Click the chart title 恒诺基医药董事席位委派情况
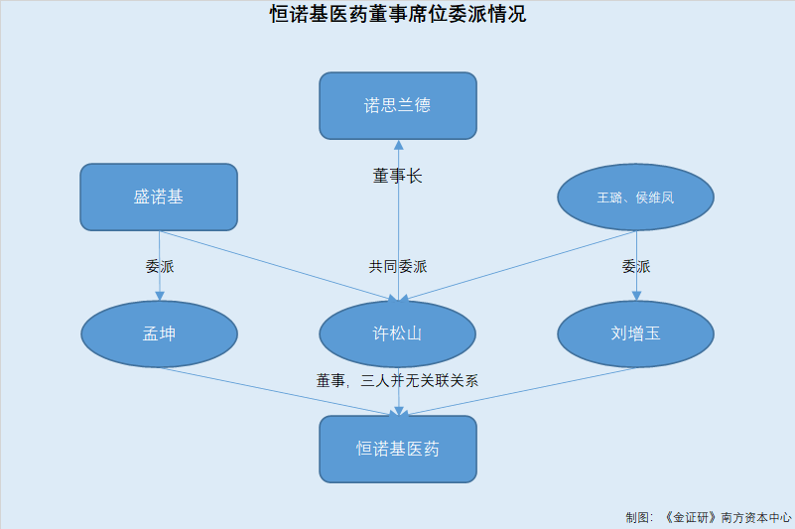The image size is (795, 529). (x=397, y=14)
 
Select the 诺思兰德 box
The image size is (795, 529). (x=398, y=105)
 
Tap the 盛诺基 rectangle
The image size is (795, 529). (x=159, y=197)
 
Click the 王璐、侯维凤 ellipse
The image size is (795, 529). (x=636, y=197)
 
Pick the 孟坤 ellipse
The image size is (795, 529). (x=159, y=333)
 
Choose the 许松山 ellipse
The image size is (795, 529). (x=397, y=333)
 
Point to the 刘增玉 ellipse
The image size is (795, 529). (x=636, y=333)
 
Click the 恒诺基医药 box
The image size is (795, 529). (x=398, y=449)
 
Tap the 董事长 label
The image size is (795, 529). (x=397, y=176)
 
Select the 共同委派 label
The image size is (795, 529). (x=398, y=266)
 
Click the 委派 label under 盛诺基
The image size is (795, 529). (x=160, y=266)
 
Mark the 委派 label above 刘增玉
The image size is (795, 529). (x=636, y=266)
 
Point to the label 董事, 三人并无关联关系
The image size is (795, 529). (x=397, y=380)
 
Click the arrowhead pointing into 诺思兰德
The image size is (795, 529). (x=399, y=145)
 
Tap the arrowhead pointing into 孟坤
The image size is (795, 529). (x=160, y=296)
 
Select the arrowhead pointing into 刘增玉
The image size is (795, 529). (x=637, y=296)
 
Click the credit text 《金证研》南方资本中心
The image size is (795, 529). (x=728, y=517)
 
